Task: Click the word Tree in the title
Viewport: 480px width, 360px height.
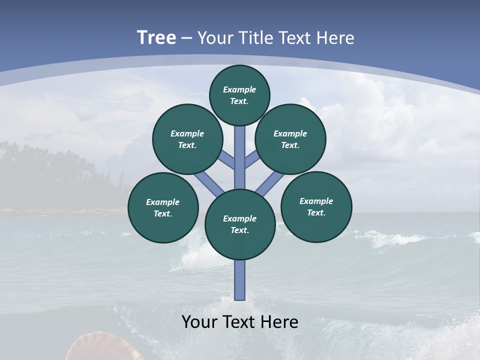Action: point(156,38)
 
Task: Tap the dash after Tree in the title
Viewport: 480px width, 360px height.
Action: point(187,38)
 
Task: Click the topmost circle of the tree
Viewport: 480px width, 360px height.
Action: point(239,95)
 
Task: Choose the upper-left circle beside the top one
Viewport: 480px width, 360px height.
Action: point(187,139)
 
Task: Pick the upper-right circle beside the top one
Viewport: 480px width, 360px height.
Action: point(290,139)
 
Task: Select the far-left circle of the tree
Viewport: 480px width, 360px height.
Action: point(163,207)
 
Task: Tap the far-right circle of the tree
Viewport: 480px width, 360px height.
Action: point(316,206)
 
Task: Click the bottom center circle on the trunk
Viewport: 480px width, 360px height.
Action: point(240,224)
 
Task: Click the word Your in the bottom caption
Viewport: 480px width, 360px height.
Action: point(199,322)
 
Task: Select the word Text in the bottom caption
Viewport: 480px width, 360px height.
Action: point(239,322)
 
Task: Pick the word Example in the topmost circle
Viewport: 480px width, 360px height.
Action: point(239,89)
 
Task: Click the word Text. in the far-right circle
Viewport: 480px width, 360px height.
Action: point(316,212)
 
